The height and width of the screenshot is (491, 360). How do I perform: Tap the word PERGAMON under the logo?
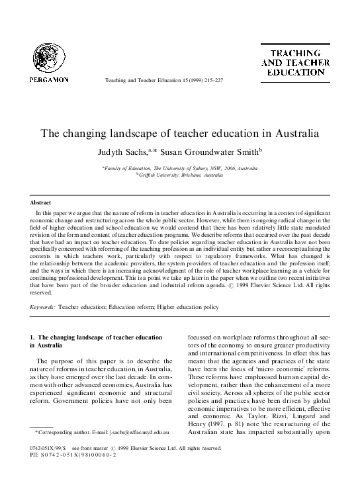48,79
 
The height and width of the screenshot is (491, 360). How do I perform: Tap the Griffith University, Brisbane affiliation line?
180,174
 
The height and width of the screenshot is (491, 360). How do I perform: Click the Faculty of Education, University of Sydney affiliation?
180,168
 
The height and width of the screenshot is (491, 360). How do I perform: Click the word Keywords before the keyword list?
43,308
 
